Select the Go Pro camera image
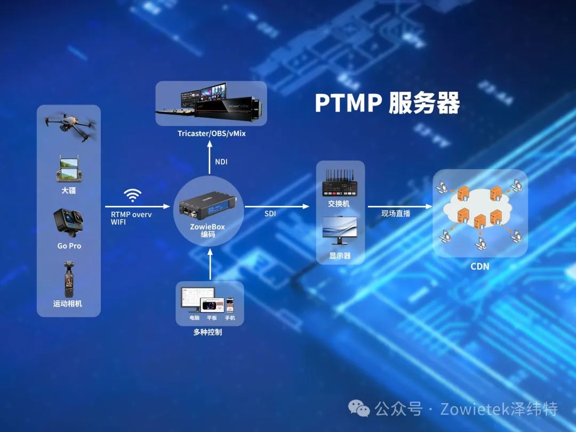[x=69, y=221]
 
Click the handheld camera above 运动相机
[x=68, y=279]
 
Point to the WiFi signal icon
[x=132, y=195]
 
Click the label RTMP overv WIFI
[x=131, y=218]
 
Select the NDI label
[x=221, y=162]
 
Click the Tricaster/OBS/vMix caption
[x=212, y=133]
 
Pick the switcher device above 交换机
[x=340, y=183]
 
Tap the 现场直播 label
[x=396, y=213]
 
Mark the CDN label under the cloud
[x=479, y=266]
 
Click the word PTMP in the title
[x=348, y=103]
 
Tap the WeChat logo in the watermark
[x=359, y=409]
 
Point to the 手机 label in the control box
[x=230, y=318]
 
